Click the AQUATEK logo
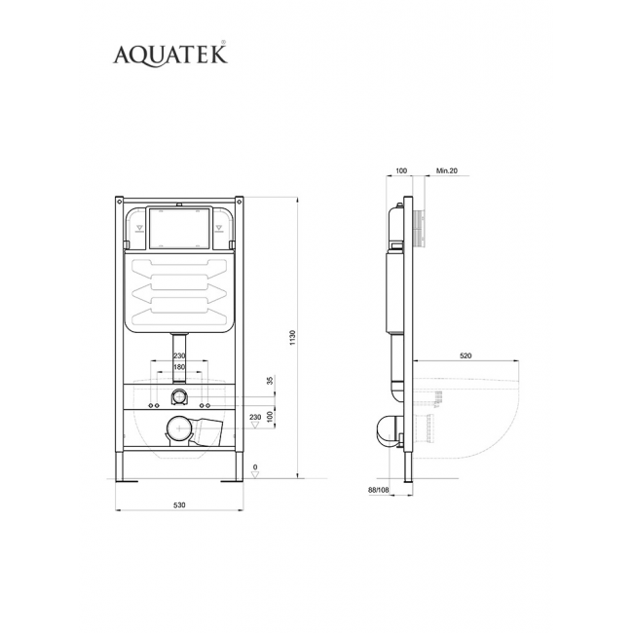coord(170,55)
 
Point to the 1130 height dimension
coord(293,338)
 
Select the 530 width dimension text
coord(179,505)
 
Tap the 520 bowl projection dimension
coord(465,355)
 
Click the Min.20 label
coord(447,170)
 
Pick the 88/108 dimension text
coord(378,490)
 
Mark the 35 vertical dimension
coord(271,380)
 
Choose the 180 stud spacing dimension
coord(179,367)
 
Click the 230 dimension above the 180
coord(179,355)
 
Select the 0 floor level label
coord(255,467)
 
